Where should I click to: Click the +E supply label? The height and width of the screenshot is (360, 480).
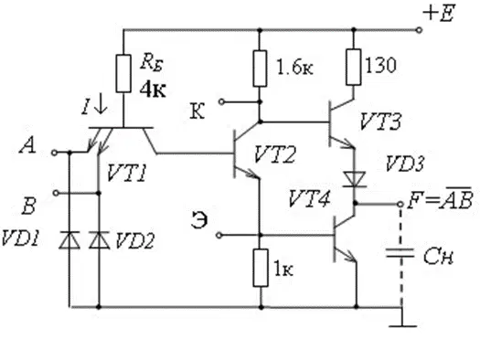[439, 13]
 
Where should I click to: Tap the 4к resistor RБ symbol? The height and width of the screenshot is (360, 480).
[123, 73]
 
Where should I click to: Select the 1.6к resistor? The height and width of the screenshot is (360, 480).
[260, 69]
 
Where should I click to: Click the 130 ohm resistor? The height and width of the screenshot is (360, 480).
[354, 67]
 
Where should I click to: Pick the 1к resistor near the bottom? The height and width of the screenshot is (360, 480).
[261, 268]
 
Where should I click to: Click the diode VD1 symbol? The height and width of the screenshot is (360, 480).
[69, 239]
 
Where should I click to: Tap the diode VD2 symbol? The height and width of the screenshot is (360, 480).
[99, 239]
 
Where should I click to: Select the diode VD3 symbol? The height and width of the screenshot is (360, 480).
[355, 179]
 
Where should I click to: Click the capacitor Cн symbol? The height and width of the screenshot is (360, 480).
[400, 253]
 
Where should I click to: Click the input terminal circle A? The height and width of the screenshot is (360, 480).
[54, 153]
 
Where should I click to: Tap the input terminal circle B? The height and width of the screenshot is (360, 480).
[56, 193]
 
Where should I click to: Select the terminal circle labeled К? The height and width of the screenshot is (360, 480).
[221, 101]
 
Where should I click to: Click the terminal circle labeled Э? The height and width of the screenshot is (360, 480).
[219, 235]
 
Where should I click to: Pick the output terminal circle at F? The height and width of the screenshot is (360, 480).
[400, 204]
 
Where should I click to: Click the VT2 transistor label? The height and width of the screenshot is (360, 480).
[275, 154]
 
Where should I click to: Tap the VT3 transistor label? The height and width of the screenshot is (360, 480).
[380, 122]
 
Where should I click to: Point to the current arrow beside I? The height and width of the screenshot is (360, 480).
[101, 107]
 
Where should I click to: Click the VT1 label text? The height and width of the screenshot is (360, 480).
[127, 173]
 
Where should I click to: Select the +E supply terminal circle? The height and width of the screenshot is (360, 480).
[419, 30]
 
